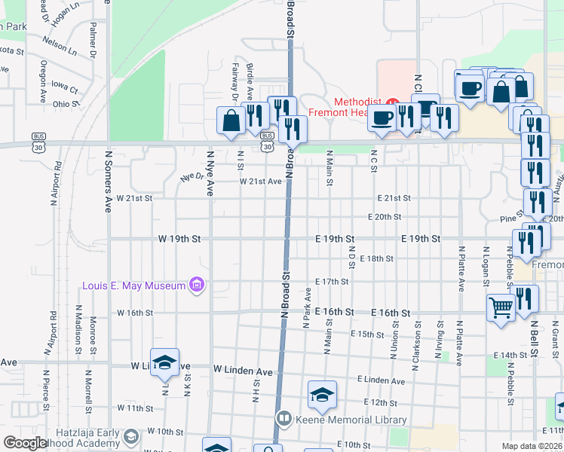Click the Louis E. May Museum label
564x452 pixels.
point(134,286)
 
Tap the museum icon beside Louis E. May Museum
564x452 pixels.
point(198,285)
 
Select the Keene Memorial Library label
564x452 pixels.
point(351,420)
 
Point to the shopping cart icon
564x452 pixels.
point(501,307)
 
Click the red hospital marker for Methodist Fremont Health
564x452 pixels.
point(392,102)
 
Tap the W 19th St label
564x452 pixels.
point(179,238)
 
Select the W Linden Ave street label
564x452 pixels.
point(243,371)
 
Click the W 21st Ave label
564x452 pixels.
point(260,182)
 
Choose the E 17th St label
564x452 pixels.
point(332,281)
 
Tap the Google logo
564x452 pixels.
point(25,443)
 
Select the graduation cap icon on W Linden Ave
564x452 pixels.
point(164,363)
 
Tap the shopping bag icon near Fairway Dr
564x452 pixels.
point(230,120)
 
